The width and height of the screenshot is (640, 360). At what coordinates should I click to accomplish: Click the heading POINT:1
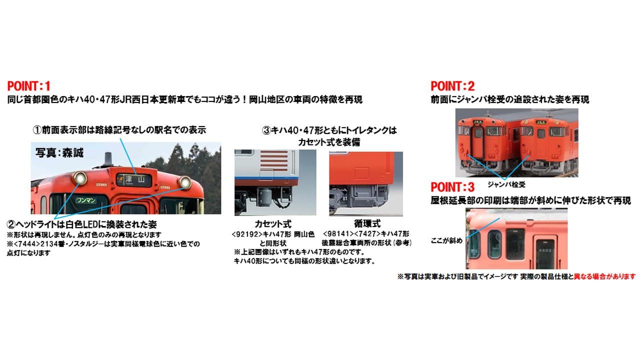point(29,86)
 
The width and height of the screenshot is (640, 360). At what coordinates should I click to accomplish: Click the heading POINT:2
point(452,86)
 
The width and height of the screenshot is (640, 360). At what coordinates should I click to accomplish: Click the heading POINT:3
point(452,187)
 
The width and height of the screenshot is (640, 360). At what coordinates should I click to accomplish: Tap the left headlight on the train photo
point(78,177)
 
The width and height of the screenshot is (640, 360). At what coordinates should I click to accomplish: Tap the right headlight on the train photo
point(185,182)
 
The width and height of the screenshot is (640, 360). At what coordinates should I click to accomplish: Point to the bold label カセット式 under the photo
point(273,224)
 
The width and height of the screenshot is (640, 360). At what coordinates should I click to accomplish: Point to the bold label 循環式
point(366,224)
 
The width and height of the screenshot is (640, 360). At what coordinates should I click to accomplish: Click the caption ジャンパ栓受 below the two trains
point(506,184)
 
